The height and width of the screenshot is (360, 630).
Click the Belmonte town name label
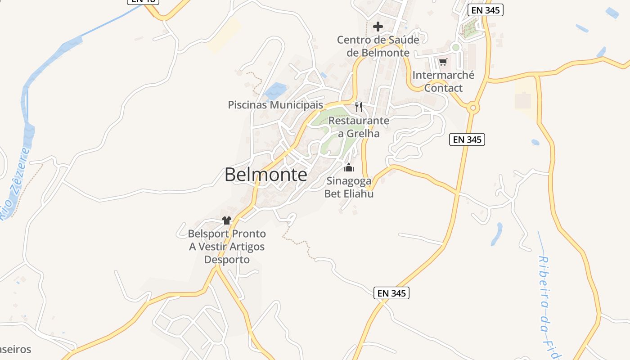click(x=265, y=175)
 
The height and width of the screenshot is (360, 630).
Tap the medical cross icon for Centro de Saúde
click(x=378, y=27)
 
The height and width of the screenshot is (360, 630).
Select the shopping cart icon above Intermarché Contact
click(x=443, y=62)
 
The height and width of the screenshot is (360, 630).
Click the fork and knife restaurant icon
click(x=359, y=107)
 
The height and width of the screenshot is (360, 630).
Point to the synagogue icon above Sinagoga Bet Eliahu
click(x=349, y=168)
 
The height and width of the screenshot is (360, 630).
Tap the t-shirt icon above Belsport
click(x=226, y=220)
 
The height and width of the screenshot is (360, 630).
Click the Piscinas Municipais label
click(x=275, y=105)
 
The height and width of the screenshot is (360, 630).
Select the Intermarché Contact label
click(x=443, y=81)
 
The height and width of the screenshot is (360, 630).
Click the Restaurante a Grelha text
click(x=359, y=127)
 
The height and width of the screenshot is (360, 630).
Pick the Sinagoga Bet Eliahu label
click(x=349, y=187)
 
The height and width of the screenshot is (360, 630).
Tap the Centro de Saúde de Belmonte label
click(x=378, y=46)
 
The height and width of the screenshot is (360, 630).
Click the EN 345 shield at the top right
click(x=485, y=10)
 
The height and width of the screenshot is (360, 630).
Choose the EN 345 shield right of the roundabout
click(x=467, y=139)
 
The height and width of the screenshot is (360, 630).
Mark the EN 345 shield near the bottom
click(x=391, y=293)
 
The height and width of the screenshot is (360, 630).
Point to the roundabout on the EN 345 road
click(x=472, y=108)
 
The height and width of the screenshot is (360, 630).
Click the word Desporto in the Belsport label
click(x=227, y=260)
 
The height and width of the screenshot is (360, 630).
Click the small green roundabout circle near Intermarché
click(x=456, y=47)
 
